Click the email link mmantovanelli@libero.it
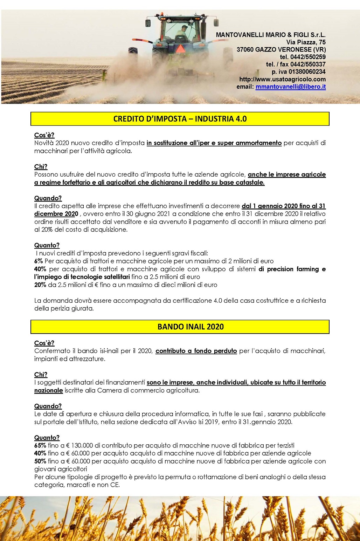pyautogui.click(x=290, y=87)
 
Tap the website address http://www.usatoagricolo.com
pyautogui.click(x=282, y=79)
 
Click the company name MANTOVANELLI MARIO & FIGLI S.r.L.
pyautogui.click(x=271, y=35)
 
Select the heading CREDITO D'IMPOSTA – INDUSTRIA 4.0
pyautogui.click(x=180, y=119)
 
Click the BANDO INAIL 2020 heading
pyautogui.click(x=191, y=327)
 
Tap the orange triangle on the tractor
pyautogui.click(x=180, y=48)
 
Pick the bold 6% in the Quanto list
pyautogui.click(x=39, y=261)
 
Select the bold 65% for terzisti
pyautogui.click(x=40, y=445)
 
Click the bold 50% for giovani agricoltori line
pyautogui.click(x=40, y=461)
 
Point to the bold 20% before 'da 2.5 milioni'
pyautogui.click(x=40, y=285)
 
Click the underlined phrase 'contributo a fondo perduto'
pyautogui.click(x=196, y=351)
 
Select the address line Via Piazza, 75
pyautogui.click(x=306, y=42)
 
